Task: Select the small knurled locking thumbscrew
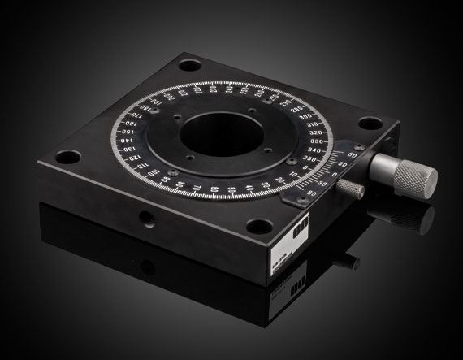(350, 189)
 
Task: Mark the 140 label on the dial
(126, 141)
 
